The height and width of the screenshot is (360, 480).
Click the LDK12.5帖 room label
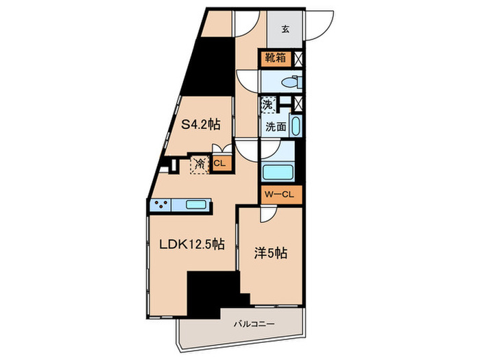192,244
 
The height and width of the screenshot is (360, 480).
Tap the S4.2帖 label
200,125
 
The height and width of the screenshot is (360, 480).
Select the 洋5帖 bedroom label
270,254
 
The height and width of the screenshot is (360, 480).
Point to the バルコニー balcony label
254,324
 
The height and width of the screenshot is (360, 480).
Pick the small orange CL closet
219,163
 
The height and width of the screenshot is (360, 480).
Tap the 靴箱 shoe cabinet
276,58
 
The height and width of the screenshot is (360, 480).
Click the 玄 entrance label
285,29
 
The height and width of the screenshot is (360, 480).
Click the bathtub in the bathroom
278,173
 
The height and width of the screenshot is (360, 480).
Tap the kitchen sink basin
195,204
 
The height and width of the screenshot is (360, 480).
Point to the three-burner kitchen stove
160,204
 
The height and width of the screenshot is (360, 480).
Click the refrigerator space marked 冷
200,165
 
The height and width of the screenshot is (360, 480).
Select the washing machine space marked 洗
268,105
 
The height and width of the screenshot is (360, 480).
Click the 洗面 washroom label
276,126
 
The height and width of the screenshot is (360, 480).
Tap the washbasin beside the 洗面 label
295,125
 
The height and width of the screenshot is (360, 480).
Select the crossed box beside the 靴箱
298,59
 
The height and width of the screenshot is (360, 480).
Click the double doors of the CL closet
222,149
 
